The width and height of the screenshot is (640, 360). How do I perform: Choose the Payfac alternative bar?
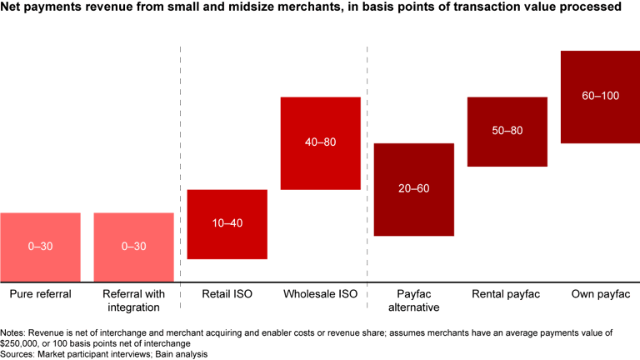coord(413,208)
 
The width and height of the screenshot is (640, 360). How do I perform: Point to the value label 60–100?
coord(600,96)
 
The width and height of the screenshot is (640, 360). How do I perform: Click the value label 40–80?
coord(320,142)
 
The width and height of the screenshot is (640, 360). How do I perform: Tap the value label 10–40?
coord(227,224)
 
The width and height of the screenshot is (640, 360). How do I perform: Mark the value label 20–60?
coord(413,189)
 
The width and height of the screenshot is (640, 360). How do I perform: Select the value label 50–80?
coord(507,132)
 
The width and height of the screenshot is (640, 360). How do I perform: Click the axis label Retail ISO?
coord(227,294)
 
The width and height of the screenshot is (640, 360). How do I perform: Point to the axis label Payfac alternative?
coord(413,301)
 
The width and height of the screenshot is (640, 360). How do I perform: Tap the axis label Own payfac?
coord(600,294)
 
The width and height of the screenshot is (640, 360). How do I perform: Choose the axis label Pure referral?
coord(40,294)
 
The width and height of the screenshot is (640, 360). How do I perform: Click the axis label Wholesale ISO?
coord(320,294)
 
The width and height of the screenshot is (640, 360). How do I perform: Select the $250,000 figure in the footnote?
coord(22,343)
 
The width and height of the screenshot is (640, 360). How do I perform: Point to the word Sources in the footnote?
coord(19,354)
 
